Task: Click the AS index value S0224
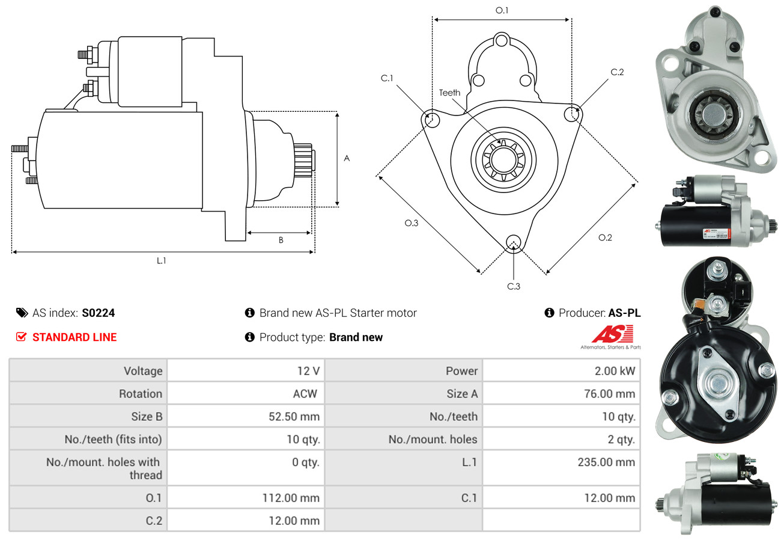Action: [x=98, y=313]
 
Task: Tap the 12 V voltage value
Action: [x=308, y=371]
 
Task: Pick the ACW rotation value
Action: [x=305, y=394]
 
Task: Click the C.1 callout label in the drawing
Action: [x=386, y=78]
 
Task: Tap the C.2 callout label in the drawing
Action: [x=617, y=72]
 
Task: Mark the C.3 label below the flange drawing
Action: [x=514, y=286]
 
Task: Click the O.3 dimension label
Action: [x=411, y=223]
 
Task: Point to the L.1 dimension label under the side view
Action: [x=161, y=260]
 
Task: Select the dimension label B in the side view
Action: [x=281, y=241]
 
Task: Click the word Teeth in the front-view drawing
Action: [x=449, y=93]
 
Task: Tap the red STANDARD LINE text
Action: [x=74, y=337]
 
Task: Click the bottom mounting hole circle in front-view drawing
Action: [x=513, y=242]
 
